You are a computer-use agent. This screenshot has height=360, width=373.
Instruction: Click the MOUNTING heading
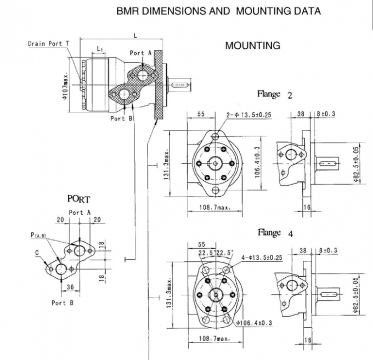253,46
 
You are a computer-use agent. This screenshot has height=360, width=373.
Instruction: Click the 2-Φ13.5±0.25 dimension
249,115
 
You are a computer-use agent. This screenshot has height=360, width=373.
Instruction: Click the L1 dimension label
100,49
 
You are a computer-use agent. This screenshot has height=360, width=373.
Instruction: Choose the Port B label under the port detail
59,302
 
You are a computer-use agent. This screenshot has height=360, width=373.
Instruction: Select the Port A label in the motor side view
141,53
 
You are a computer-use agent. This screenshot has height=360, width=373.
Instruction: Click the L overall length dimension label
135,35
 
